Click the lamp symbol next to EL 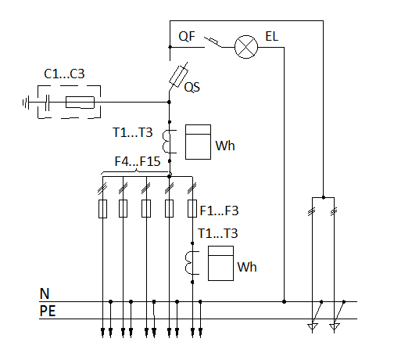(246, 47)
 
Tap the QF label (187, 37)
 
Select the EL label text (272, 37)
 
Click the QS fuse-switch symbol (178, 77)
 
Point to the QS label (192, 87)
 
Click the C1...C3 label (64, 74)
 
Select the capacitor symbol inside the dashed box (47, 103)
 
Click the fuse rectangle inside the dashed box (80, 103)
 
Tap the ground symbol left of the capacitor (26, 103)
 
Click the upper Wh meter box (198, 142)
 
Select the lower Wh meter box (220, 263)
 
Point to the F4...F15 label (138, 161)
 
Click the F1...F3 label (219, 211)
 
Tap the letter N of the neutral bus (45, 293)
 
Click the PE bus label (48, 311)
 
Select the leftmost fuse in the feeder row (102, 209)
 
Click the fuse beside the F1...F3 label (192, 209)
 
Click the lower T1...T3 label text (218, 233)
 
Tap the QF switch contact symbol (213, 42)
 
